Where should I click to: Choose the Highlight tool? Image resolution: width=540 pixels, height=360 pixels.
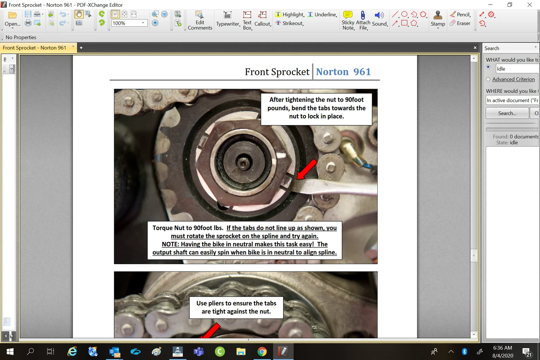[290, 15]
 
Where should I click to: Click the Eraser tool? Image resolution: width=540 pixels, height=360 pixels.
[460, 23]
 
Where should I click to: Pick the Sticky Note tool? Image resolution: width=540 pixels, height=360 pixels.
[348, 20]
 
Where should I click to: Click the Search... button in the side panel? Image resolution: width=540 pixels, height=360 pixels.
[507, 113]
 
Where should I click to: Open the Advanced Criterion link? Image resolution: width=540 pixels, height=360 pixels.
[513, 79]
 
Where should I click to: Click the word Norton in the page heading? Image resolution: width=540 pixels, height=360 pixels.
[332, 72]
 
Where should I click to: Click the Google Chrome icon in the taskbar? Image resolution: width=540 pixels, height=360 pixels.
[262, 352]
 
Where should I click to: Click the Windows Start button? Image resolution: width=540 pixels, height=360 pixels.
[10, 352]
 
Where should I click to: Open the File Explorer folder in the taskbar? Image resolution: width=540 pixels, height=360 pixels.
[241, 352]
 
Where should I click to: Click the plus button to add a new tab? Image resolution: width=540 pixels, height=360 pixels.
[81, 48]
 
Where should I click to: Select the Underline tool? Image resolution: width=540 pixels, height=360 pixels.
[322, 15]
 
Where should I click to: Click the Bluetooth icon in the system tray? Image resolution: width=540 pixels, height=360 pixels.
[464, 352]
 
